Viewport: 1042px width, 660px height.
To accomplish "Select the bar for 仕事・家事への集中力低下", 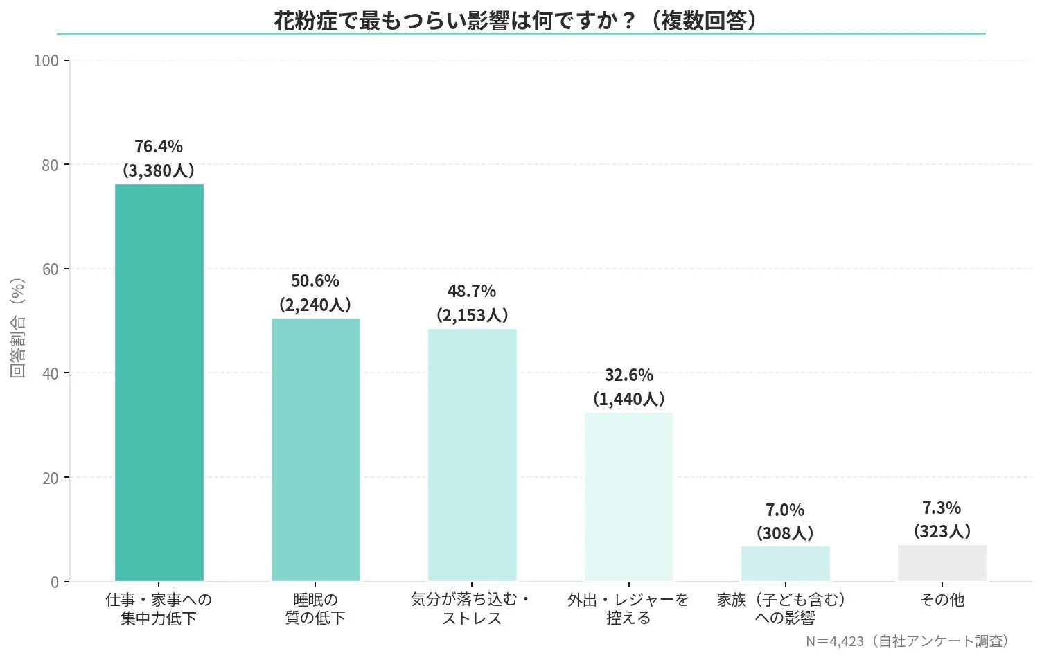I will [x=159, y=382].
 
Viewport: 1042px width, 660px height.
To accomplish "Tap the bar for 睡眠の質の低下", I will [x=315, y=449].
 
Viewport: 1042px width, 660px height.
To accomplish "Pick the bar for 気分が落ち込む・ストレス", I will [x=472, y=454].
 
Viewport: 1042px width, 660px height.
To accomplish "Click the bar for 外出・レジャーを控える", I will [x=628, y=497].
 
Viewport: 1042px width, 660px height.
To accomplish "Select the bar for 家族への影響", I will [x=785, y=564].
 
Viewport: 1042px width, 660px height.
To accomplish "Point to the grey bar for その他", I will [x=942, y=563].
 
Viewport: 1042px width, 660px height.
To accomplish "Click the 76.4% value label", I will [x=159, y=146].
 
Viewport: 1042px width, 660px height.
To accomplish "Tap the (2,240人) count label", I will [x=315, y=305].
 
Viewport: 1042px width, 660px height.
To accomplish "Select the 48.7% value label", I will [x=472, y=291].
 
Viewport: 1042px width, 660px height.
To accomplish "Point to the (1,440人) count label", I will [x=628, y=399].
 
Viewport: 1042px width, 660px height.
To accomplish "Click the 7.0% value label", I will [x=785, y=510].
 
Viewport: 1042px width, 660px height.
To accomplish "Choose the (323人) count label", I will [x=942, y=532].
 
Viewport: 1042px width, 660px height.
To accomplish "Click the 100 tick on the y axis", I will [x=46, y=61].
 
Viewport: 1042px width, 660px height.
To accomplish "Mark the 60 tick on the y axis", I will [x=50, y=269].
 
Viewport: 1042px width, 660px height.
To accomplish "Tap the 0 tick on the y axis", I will [x=54, y=582].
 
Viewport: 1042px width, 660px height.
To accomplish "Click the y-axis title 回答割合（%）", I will [x=18, y=328].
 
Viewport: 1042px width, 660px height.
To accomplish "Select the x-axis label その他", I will [x=942, y=600].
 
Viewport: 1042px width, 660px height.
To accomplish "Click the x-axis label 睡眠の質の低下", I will [x=315, y=609].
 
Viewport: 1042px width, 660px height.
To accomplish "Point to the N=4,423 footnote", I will [x=906, y=641].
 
